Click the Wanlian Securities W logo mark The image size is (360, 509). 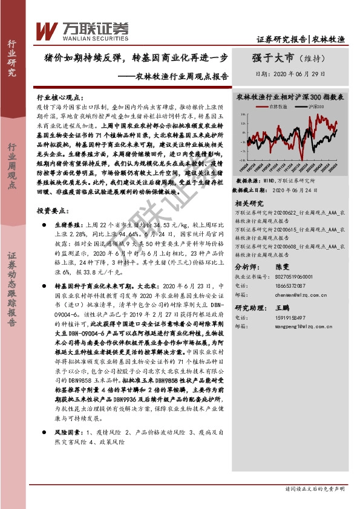pyautogui.click(x=47, y=31)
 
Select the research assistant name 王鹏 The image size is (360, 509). pyautogui.click(x=281, y=307)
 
